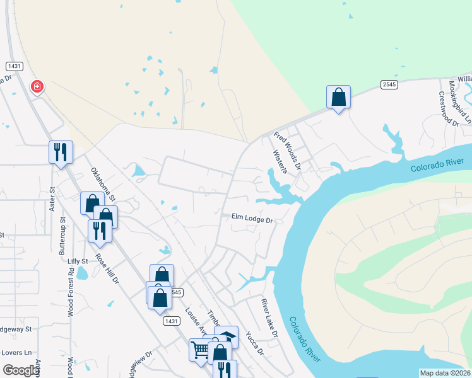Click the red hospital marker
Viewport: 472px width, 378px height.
pos(37,86)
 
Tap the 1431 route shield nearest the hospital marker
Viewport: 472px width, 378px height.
pos(14,66)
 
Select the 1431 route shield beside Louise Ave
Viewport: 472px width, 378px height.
pos(170,321)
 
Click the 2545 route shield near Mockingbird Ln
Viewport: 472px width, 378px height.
pos(389,84)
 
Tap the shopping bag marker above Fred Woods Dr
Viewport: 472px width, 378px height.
pos(338,98)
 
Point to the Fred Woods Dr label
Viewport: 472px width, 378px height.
pos(288,151)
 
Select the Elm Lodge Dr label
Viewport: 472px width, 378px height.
pos(252,219)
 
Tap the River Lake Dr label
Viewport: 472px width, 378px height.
pos(270,318)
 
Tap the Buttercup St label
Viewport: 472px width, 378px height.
pos(62,236)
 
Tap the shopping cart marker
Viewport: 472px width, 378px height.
pos(200,349)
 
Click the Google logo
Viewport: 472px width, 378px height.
pos(21,370)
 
